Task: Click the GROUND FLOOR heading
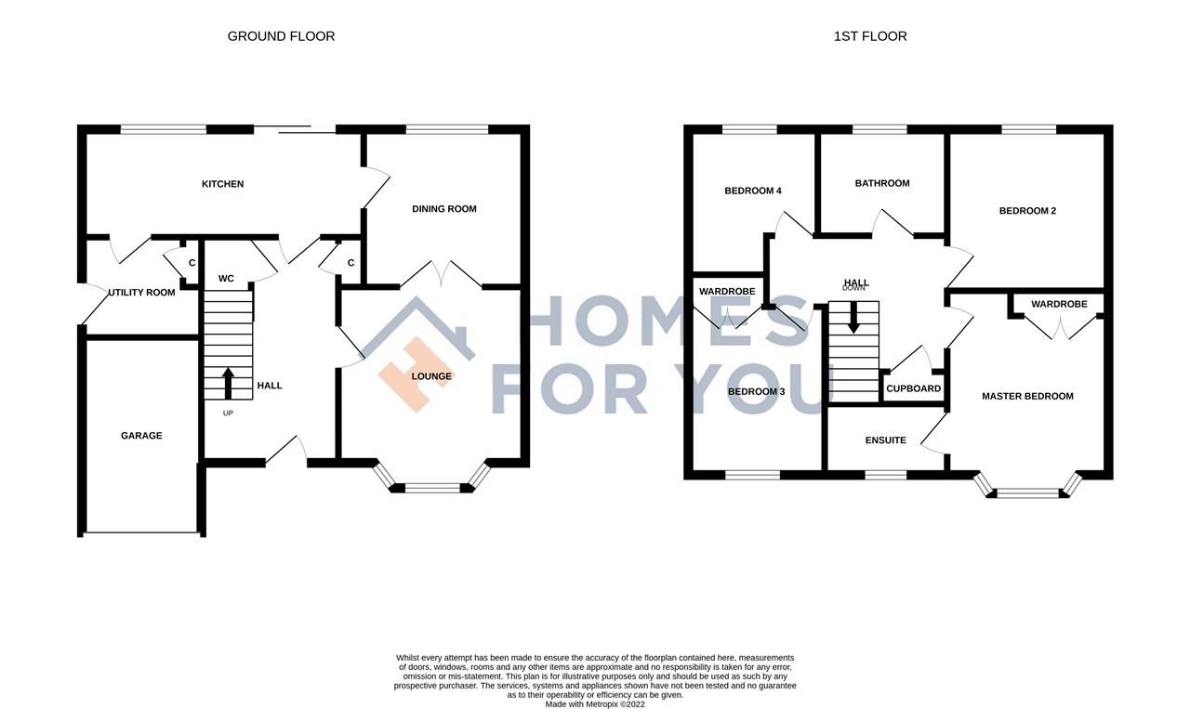(x=281, y=36)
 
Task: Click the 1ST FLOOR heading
(x=870, y=36)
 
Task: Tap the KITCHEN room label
(x=223, y=184)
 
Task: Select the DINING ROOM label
(x=443, y=209)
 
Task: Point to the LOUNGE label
(x=431, y=376)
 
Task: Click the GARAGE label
(x=141, y=436)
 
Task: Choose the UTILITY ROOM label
(x=141, y=293)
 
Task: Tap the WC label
(x=226, y=279)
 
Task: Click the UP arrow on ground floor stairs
(x=228, y=382)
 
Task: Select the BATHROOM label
(x=881, y=183)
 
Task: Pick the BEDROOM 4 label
(x=752, y=191)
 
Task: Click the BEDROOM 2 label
(x=1027, y=211)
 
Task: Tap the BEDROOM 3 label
(x=756, y=392)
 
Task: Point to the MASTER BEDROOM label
(x=1027, y=396)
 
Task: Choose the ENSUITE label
(x=885, y=440)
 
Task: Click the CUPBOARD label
(x=913, y=389)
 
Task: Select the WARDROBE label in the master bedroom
(x=1058, y=305)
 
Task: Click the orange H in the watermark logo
(x=409, y=374)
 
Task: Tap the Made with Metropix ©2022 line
(x=595, y=704)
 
